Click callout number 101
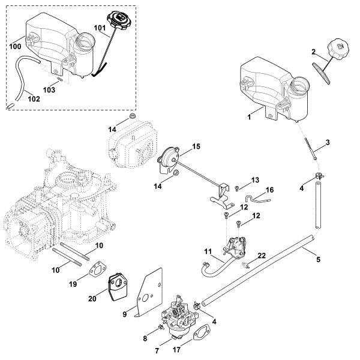(x=99, y=27)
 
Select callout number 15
(x=196, y=146)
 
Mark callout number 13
(x=254, y=179)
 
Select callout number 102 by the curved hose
(x=34, y=98)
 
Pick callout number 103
(x=50, y=89)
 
